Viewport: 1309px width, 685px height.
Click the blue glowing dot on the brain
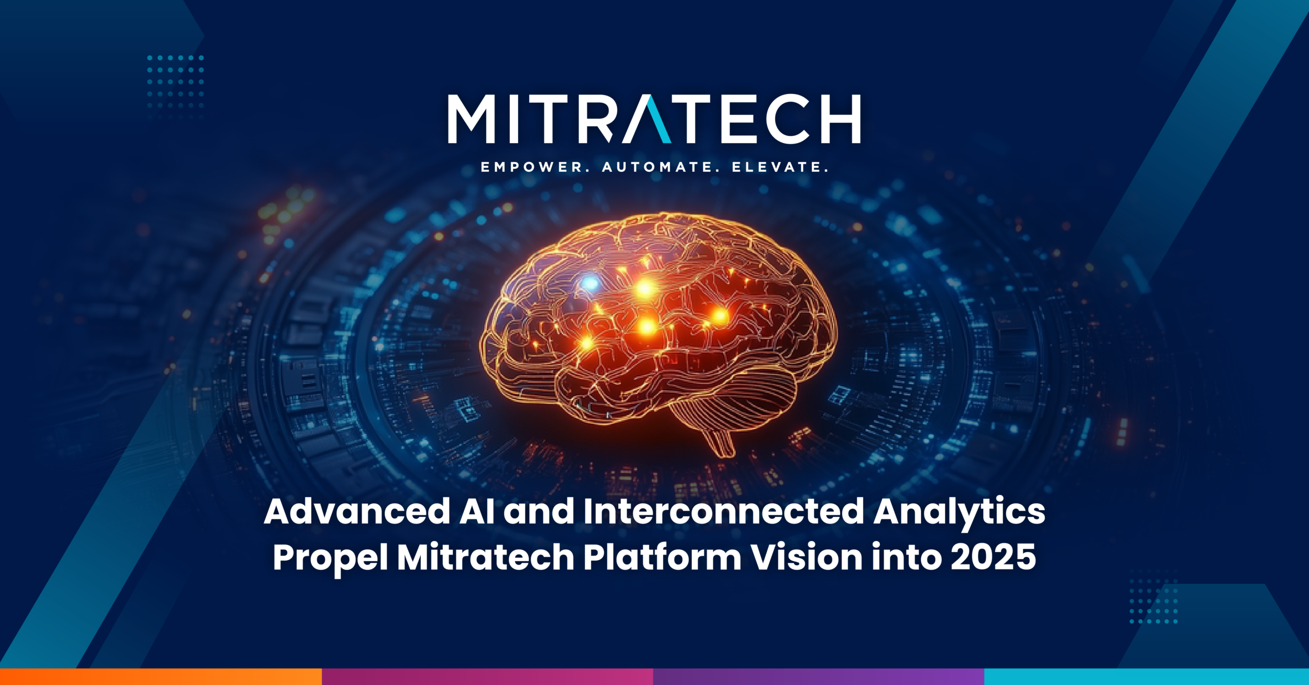(591, 283)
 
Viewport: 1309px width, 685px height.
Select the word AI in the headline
(477, 512)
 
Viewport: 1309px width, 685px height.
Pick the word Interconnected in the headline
(724, 512)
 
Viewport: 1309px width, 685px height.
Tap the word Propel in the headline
(330, 558)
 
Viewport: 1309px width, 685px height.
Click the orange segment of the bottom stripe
(161, 676)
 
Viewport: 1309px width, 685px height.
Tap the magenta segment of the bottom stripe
(487, 676)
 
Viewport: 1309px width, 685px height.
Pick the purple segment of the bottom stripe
(818, 676)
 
